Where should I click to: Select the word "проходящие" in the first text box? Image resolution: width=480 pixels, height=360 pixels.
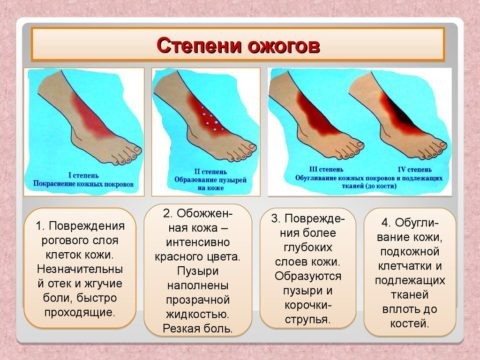tap(79, 311)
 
